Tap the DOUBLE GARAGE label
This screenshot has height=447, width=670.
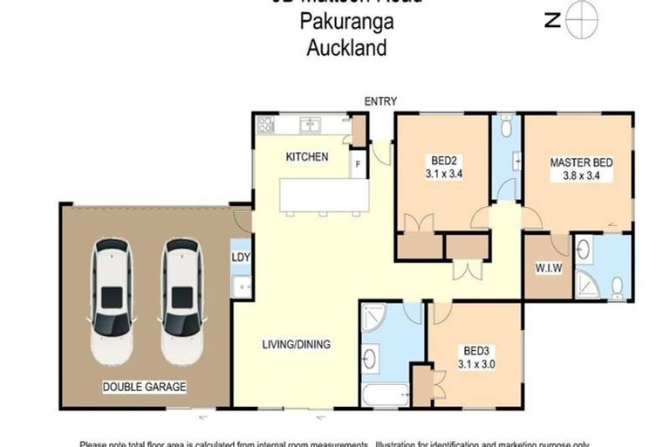click(145, 386)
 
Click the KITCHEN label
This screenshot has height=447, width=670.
click(307, 157)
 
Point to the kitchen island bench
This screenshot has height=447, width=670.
click(324, 196)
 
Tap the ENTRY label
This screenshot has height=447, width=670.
click(380, 101)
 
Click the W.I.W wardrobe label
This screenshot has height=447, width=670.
click(548, 268)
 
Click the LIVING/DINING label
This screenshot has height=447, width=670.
click(297, 344)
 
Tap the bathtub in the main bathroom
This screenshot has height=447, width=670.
click(385, 395)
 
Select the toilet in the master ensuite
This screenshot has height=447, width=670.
click(618, 286)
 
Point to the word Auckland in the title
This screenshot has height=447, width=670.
click(346, 48)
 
